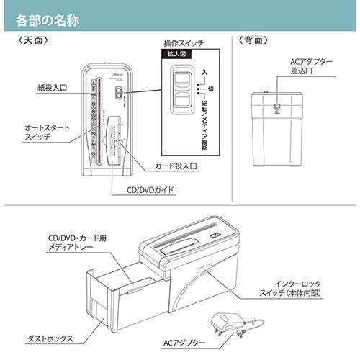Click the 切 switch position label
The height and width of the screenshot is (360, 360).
[210, 89]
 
